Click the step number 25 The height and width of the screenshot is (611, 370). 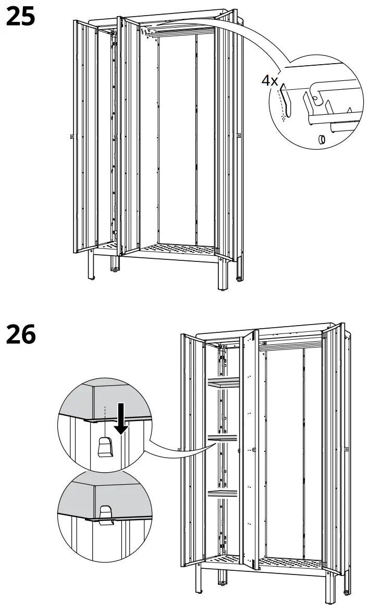20,17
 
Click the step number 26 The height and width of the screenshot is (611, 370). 20,334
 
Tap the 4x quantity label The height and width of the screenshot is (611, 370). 270,81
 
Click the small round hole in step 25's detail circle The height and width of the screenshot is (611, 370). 322,139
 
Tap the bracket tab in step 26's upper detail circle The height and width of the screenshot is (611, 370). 106,447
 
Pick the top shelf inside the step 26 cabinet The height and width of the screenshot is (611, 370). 223,384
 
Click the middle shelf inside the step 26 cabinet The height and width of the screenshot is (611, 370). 223,439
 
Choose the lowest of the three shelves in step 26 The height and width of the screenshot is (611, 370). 223,493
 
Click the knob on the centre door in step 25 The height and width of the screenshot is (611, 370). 115,138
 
